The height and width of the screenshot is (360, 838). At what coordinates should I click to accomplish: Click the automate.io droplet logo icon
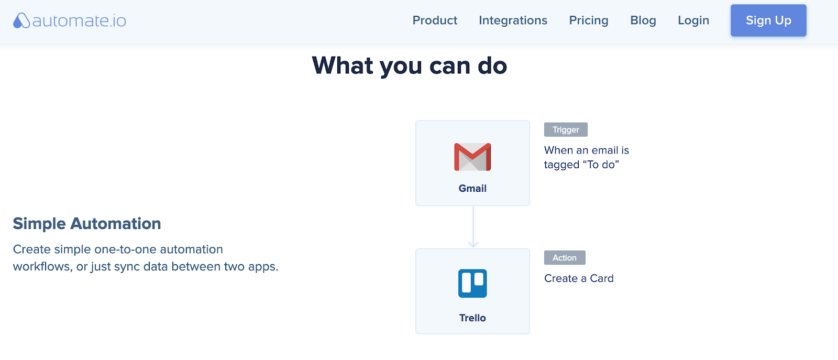tap(21, 20)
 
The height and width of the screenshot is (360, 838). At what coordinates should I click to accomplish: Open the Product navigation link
tap(435, 20)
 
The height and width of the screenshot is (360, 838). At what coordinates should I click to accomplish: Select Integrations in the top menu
tap(513, 20)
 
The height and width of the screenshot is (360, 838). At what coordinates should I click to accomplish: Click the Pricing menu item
tap(589, 20)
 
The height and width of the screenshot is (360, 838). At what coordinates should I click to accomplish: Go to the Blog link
tap(643, 20)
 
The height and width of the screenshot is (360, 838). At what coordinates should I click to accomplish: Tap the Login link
tap(693, 20)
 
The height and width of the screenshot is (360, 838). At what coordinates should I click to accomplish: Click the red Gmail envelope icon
tap(472, 157)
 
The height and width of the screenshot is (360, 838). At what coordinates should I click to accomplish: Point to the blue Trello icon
tap(472, 283)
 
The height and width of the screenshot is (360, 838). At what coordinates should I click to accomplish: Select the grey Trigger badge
tap(566, 129)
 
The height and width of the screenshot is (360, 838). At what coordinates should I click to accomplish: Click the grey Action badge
tap(565, 257)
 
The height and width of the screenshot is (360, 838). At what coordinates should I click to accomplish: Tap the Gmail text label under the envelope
tap(472, 188)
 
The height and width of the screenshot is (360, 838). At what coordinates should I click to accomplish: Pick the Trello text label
tap(472, 318)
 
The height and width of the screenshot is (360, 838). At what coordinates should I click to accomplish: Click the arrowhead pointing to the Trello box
tap(473, 244)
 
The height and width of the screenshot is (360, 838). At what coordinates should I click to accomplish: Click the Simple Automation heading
tap(87, 223)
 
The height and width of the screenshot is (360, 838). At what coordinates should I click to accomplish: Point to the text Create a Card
tap(579, 278)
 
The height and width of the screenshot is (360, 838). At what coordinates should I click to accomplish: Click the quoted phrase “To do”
tap(601, 165)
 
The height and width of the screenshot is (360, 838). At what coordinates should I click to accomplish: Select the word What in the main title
tap(343, 66)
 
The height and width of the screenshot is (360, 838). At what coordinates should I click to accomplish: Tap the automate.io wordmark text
tap(79, 20)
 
